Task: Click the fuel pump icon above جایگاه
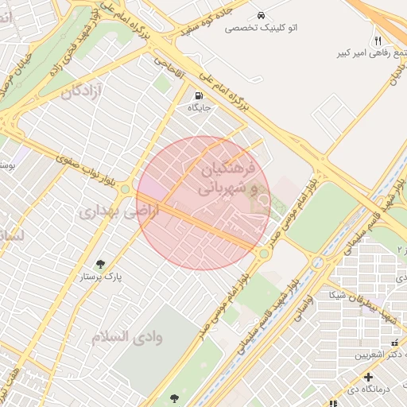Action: [x=196, y=93]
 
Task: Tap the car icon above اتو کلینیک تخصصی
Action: [x=261, y=15]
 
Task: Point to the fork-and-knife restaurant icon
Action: [x=378, y=40]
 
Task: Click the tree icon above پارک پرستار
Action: [x=101, y=264]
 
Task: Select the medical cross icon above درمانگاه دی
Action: [x=367, y=376]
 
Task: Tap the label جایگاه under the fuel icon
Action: [x=199, y=106]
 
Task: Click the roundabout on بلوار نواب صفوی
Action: [x=125, y=189]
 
